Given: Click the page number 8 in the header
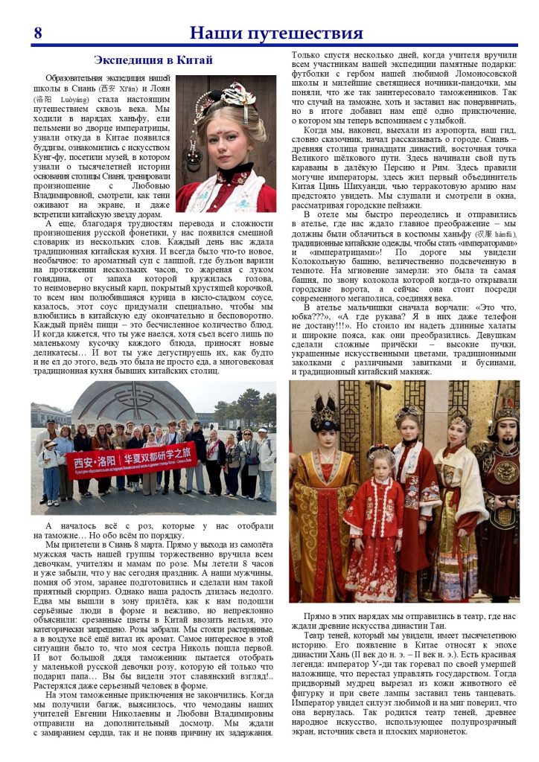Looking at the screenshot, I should tap(37, 33).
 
